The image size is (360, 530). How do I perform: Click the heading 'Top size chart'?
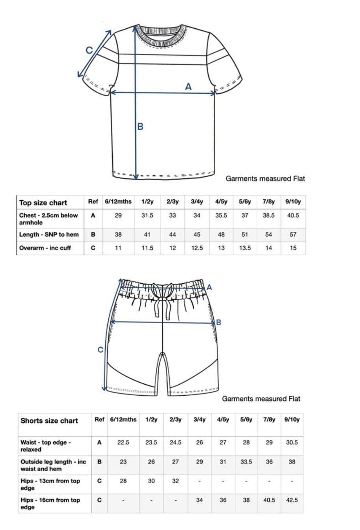click(43, 203)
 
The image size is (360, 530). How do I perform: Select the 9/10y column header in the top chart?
click(293, 202)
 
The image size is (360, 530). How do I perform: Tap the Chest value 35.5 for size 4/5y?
click(221, 216)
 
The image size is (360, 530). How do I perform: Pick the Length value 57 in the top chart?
click(293, 234)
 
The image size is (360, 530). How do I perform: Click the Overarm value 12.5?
click(197, 248)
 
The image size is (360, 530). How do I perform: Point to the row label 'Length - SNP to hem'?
click(49, 234)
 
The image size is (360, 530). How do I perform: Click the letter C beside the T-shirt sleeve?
click(90, 50)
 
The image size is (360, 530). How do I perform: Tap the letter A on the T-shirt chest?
click(188, 86)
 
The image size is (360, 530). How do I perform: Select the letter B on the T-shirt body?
click(140, 126)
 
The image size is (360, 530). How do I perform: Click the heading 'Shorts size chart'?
click(49, 421)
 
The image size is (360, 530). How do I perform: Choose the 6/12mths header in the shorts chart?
click(123, 420)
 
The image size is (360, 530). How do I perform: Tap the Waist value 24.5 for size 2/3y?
click(175, 443)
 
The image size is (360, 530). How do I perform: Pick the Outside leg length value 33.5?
click(246, 462)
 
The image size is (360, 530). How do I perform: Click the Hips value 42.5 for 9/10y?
click(292, 500)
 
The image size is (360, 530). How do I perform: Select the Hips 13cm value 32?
click(175, 481)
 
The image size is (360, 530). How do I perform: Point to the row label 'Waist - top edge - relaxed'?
click(46, 446)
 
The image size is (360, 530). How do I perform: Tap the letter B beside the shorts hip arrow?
click(219, 322)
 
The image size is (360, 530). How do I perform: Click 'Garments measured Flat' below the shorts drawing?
click(261, 399)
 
